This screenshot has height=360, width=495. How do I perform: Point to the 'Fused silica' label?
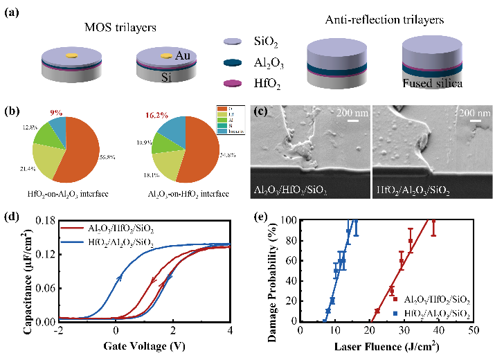[431, 83]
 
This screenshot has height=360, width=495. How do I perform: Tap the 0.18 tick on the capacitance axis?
[46, 221]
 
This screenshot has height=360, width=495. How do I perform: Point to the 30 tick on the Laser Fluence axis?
[404, 331]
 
